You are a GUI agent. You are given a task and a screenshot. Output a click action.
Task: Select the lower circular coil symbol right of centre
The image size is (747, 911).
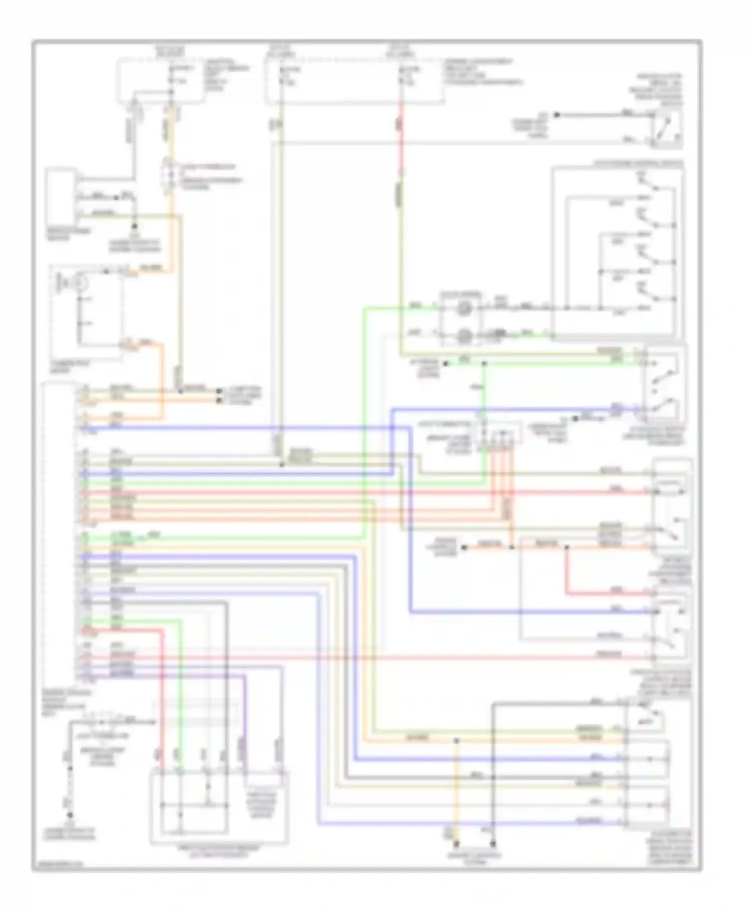(x=464, y=336)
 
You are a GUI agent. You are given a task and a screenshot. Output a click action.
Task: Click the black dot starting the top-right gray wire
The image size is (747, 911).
(x=557, y=115)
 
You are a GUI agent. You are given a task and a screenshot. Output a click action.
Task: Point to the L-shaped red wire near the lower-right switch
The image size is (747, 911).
(x=567, y=578)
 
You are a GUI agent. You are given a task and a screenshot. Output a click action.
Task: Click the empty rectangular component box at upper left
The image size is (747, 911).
(x=60, y=196)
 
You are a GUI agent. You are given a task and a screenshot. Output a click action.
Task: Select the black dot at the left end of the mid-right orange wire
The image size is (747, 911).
(x=464, y=548)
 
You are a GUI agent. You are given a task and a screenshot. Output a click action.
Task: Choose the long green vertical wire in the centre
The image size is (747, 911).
(x=365, y=424)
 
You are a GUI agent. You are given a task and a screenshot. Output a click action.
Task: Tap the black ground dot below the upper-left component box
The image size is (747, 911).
(x=133, y=226)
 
